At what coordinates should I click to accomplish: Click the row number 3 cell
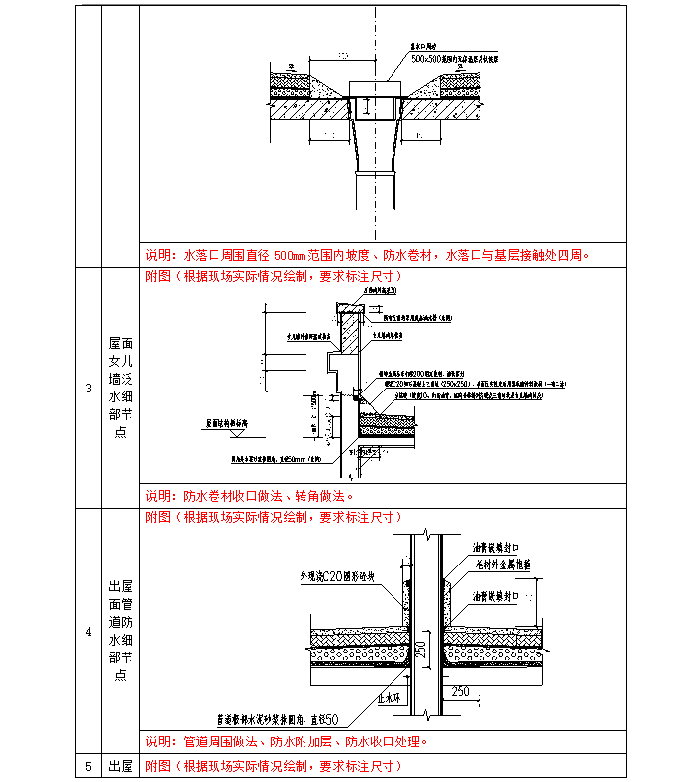(x=88, y=388)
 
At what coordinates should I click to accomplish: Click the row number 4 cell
(x=88, y=631)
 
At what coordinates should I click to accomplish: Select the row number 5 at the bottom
(x=88, y=766)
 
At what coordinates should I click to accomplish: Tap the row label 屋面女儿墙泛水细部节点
(x=121, y=388)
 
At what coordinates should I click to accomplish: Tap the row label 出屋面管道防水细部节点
(x=121, y=631)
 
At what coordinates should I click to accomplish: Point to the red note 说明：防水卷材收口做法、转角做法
(x=249, y=496)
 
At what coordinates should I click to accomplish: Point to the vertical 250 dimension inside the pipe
(x=420, y=652)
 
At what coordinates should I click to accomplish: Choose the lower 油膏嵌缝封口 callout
(x=501, y=596)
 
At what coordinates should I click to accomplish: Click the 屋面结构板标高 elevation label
(x=233, y=422)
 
